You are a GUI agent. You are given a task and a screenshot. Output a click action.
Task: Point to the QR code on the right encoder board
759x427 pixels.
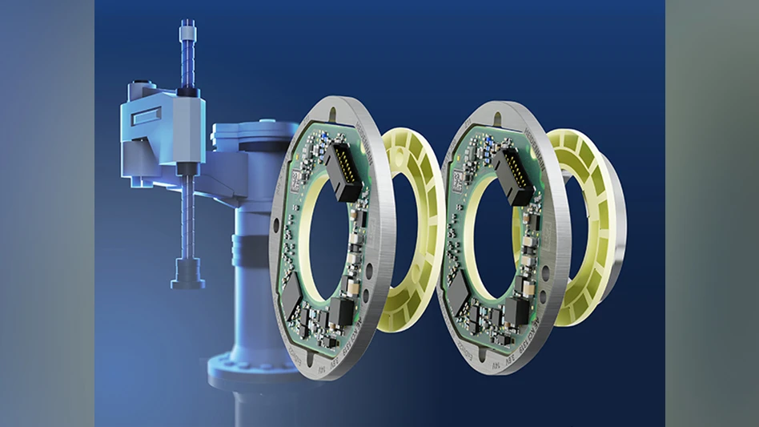click(459, 178)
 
